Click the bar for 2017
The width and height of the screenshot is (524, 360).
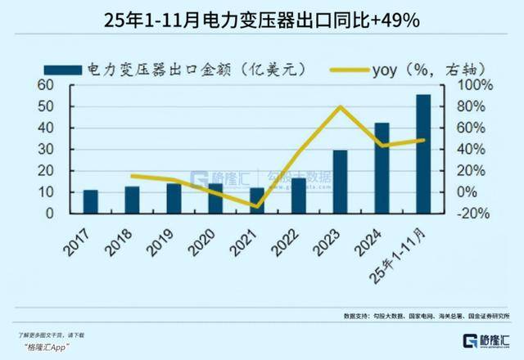pyautogui.click(x=91, y=201)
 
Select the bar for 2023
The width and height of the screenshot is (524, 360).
pyautogui.click(x=340, y=182)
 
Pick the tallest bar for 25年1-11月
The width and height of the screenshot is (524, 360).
pyautogui.click(x=423, y=154)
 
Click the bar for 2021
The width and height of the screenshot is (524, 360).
pyautogui.click(x=257, y=200)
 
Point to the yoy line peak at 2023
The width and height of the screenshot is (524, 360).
pyautogui.click(x=340, y=107)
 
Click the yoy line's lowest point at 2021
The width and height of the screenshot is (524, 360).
pyautogui.click(x=257, y=206)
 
